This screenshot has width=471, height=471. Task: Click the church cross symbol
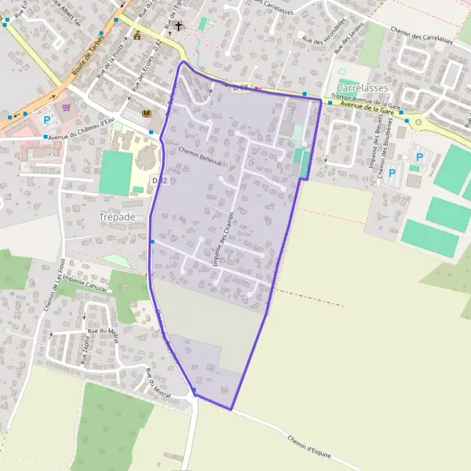178,26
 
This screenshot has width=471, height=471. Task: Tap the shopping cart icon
66,107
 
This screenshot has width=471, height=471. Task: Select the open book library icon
146,113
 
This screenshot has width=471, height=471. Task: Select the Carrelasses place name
362,88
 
